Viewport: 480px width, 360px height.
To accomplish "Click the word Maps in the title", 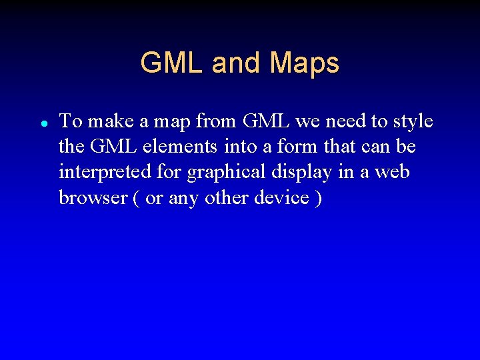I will (305, 63).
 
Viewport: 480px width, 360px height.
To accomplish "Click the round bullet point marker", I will (42, 124).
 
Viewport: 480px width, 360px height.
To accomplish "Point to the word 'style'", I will (413, 121).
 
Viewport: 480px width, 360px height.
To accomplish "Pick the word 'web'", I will (391, 172).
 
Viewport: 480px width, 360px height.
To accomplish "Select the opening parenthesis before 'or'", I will (134, 199).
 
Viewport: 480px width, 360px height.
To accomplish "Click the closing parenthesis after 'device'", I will (317, 199).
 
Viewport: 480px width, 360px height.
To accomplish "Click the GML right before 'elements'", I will (111, 147).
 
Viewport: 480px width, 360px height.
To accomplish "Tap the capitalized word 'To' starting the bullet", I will (70, 121).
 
